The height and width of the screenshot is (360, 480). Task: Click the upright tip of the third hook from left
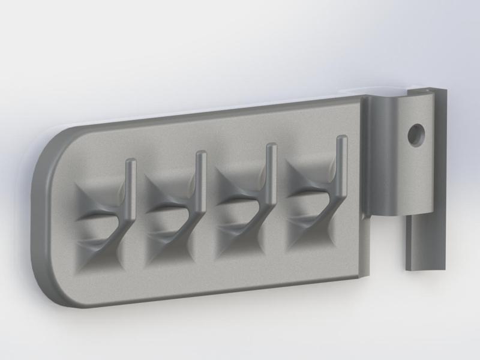coord(271,148)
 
